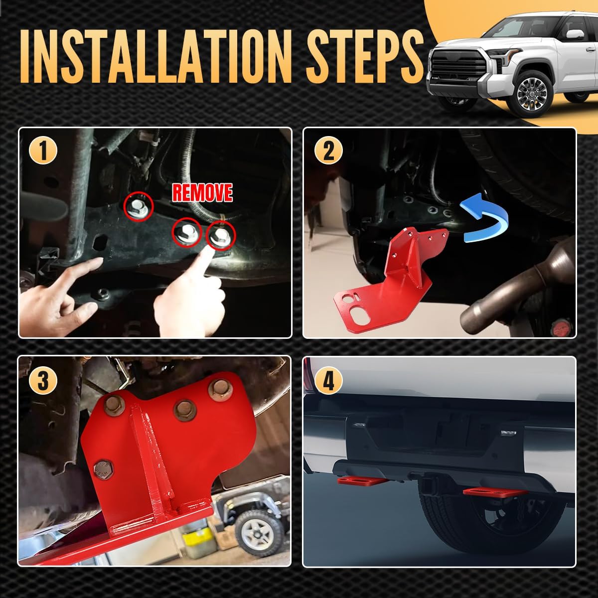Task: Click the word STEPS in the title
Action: tap(365, 56)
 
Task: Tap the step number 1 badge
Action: tap(43, 151)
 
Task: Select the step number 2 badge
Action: tap(328, 151)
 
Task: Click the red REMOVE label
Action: tap(202, 192)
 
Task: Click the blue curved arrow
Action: tap(485, 217)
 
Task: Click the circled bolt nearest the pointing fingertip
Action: tap(221, 236)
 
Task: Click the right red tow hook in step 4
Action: tap(493, 492)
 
